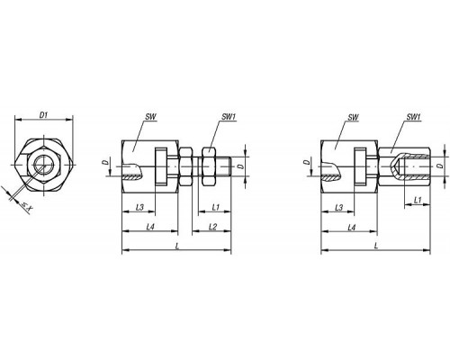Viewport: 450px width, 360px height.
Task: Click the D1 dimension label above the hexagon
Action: point(44,115)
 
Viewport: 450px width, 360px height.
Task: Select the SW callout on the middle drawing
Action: point(150,117)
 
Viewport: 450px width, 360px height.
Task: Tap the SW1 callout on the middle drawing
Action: point(229,117)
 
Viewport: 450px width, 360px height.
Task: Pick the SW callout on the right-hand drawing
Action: point(353,117)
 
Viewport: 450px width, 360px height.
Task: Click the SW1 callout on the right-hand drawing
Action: point(413,117)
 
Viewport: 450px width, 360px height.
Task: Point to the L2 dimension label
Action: point(212,227)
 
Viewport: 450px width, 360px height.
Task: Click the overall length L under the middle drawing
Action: point(177,246)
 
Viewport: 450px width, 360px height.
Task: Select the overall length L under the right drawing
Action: point(376,246)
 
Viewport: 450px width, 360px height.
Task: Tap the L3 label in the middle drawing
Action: point(139,207)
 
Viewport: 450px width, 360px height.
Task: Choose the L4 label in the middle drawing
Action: point(150,227)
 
